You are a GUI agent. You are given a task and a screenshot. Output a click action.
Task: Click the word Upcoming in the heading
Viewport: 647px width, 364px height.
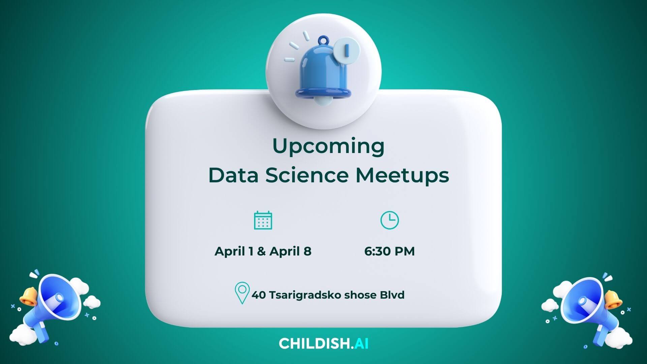pyautogui.click(x=328, y=146)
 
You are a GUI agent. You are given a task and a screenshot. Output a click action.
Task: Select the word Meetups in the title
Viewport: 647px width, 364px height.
pyautogui.click(x=402, y=176)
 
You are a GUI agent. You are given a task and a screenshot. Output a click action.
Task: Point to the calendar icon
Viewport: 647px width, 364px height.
pyautogui.click(x=263, y=220)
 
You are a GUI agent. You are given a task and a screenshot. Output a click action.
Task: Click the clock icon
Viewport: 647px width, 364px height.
pyautogui.click(x=390, y=220)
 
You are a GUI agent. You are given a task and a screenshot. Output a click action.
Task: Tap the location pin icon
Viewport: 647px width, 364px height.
pyautogui.click(x=242, y=293)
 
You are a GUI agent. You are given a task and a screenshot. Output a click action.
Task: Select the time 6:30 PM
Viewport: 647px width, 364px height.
pyautogui.click(x=390, y=251)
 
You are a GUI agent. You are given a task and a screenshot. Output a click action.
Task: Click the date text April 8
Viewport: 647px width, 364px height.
pyautogui.click(x=290, y=251)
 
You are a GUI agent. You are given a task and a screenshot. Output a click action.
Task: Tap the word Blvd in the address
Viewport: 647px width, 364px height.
pyautogui.click(x=392, y=295)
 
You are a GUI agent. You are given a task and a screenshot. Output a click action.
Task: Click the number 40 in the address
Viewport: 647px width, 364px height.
pyautogui.click(x=258, y=295)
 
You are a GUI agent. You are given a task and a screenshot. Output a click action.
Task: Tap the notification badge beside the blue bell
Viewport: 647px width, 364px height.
pyautogui.click(x=347, y=50)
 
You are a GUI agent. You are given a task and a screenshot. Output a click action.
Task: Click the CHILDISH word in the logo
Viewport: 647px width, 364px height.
pyautogui.click(x=314, y=344)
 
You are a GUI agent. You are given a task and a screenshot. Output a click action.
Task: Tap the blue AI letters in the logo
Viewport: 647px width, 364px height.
pyautogui.click(x=361, y=344)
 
